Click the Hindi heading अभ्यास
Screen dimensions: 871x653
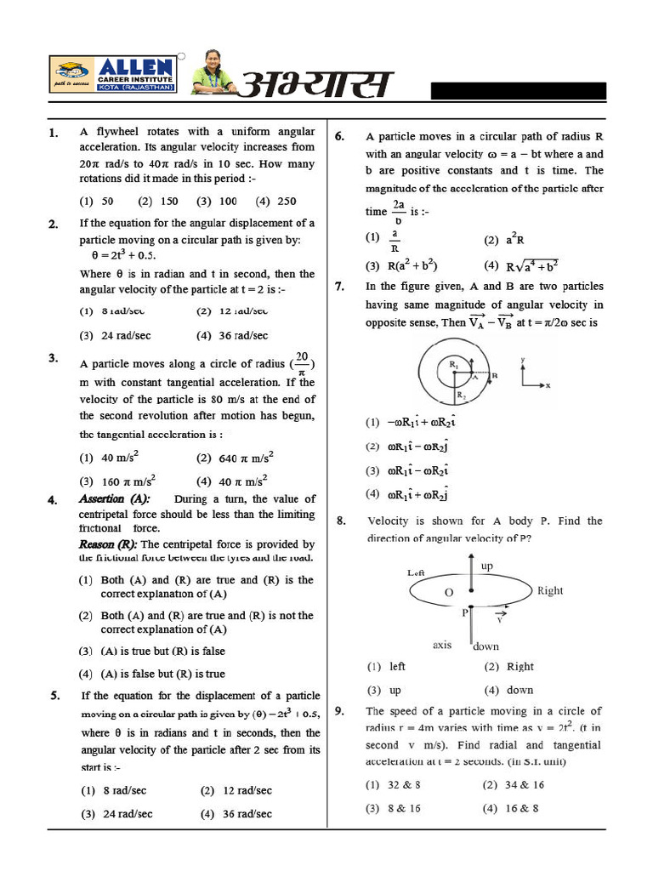click(x=317, y=85)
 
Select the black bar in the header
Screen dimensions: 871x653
click(x=518, y=92)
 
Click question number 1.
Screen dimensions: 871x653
click(x=53, y=133)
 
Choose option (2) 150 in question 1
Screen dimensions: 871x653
click(x=157, y=202)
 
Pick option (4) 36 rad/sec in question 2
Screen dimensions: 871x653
click(x=234, y=335)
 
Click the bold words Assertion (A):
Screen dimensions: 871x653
click(x=114, y=499)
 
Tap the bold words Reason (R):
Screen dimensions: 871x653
click(x=108, y=544)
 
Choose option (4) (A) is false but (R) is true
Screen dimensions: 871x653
click(x=153, y=674)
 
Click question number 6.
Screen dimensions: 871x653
click(x=339, y=136)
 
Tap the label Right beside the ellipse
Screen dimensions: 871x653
click(x=549, y=590)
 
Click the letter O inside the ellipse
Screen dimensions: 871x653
click(x=449, y=592)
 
